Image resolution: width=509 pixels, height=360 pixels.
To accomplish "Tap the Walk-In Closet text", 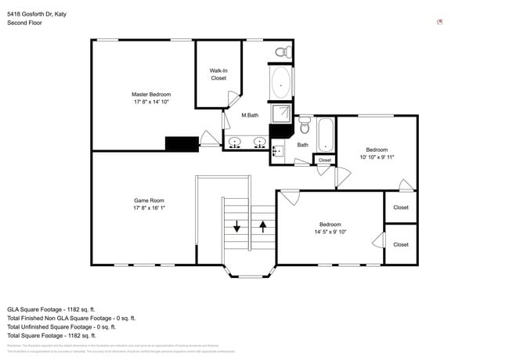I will (x=218, y=74).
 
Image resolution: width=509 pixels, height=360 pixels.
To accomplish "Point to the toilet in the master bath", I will (x=282, y=52).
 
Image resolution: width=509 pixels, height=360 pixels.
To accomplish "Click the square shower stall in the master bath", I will (x=281, y=113).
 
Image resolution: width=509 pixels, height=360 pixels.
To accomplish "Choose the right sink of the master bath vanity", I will (x=258, y=142).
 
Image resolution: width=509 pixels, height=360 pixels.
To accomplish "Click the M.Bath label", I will (x=250, y=116).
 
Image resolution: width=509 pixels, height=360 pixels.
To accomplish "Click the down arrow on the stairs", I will (x=237, y=226).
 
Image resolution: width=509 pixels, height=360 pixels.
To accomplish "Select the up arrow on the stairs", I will (x=263, y=226).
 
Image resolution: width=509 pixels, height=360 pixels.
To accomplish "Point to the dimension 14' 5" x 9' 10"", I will (x=330, y=232).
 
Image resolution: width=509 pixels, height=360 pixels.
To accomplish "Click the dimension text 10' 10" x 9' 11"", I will (x=377, y=157).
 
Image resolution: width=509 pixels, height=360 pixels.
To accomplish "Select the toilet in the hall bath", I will (x=305, y=126).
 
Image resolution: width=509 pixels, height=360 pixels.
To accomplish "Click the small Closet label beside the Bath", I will (x=324, y=160).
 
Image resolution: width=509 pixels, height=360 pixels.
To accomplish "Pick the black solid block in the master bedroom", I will (x=182, y=143).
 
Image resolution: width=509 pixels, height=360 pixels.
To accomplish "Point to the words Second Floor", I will (x=24, y=23).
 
